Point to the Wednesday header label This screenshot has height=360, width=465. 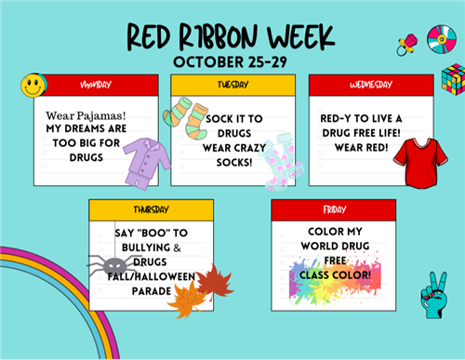point(370,85)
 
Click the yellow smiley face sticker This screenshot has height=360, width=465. point(34,86)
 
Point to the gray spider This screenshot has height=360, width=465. point(109,266)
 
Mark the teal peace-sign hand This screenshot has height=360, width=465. point(433,297)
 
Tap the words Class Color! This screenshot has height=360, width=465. point(335,275)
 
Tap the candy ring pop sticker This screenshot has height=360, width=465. point(405,43)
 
